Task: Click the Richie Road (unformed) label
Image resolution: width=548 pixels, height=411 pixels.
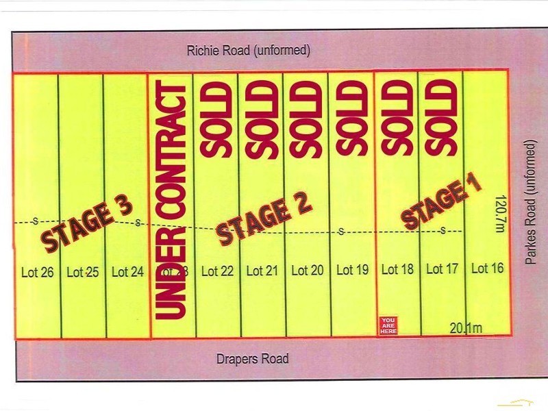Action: (249, 51)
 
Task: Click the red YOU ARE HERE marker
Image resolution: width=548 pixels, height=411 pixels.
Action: (388, 325)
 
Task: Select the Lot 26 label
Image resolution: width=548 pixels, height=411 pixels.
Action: (37, 272)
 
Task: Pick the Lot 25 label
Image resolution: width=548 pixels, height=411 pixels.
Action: (82, 272)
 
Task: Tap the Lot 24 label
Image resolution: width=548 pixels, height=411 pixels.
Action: (127, 272)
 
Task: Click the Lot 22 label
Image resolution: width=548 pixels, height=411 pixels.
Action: (218, 271)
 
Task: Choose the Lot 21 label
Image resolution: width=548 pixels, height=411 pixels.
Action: (262, 271)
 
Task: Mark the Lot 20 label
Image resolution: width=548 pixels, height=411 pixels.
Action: (308, 270)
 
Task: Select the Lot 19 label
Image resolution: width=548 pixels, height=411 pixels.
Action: (353, 270)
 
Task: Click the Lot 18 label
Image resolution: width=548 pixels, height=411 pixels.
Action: (397, 269)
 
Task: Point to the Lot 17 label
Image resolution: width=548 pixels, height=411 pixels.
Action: (442, 269)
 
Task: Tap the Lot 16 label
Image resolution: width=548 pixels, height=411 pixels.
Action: (488, 268)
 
